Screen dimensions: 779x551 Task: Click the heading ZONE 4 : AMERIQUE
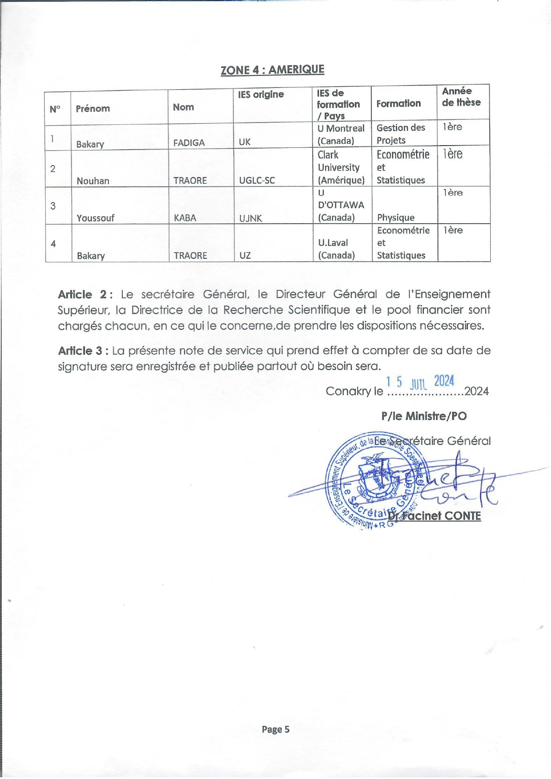pyautogui.click(x=272, y=70)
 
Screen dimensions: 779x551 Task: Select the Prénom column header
pyautogui.click(x=93, y=108)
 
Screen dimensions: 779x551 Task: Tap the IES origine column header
pyautogui.click(x=261, y=95)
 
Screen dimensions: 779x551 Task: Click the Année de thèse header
pyautogui.click(x=461, y=97)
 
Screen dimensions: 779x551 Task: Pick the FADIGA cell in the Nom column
pyautogui.click(x=189, y=142)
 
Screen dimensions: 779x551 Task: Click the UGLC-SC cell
pyautogui.click(x=257, y=180)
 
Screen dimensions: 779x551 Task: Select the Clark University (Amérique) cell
pyautogui.click(x=341, y=167)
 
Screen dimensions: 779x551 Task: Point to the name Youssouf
pyautogui.click(x=95, y=218)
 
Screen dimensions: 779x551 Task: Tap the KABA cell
pyautogui.click(x=185, y=218)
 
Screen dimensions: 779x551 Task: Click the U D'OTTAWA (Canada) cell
pyautogui.click(x=341, y=205)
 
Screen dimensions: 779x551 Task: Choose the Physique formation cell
pyautogui.click(x=396, y=217)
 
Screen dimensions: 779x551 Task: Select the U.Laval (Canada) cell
pyautogui.click(x=337, y=249)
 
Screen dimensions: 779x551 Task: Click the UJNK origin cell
pyautogui.click(x=251, y=218)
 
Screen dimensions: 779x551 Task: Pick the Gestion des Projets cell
pyautogui.click(x=401, y=134)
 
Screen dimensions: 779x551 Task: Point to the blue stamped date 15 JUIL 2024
pyautogui.click(x=420, y=382)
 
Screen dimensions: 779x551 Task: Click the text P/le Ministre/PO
pyautogui.click(x=424, y=416)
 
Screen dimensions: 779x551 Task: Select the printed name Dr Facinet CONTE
pyautogui.click(x=434, y=516)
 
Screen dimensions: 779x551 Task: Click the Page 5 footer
pyautogui.click(x=275, y=729)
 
